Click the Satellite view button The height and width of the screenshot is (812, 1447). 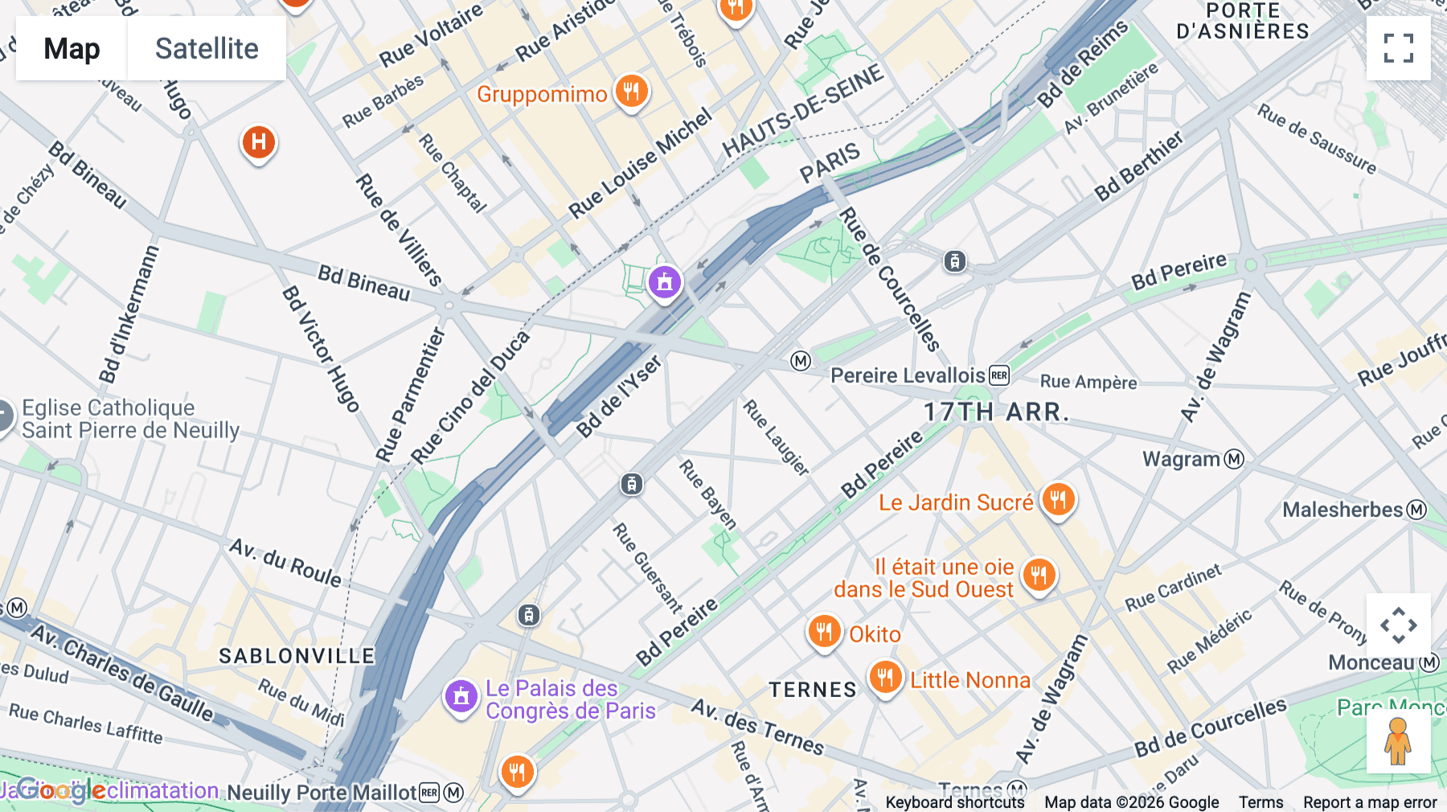[207, 48]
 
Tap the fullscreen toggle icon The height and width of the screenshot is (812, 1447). [1398, 48]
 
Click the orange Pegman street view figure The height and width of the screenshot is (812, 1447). [1398, 741]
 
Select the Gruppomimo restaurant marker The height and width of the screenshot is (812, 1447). [631, 92]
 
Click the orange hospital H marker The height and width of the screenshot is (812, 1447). [258, 143]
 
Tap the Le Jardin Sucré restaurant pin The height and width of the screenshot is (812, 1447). [1058, 500]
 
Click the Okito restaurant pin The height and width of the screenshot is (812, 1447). [824, 632]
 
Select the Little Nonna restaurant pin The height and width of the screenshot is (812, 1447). [885, 678]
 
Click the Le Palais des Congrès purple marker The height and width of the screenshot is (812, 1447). [461, 697]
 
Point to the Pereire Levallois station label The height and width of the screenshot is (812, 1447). [908, 375]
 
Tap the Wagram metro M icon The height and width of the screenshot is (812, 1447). [1234, 459]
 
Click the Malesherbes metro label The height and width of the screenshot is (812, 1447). [1342, 510]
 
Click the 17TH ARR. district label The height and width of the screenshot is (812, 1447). [996, 412]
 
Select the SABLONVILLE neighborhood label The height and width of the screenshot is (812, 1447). [297, 656]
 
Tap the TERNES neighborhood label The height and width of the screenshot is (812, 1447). [813, 690]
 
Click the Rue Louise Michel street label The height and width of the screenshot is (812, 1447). [640, 163]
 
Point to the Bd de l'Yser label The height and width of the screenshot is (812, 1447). [619, 396]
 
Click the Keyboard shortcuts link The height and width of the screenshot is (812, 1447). [954, 802]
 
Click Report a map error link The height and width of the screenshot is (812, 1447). [1370, 802]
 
